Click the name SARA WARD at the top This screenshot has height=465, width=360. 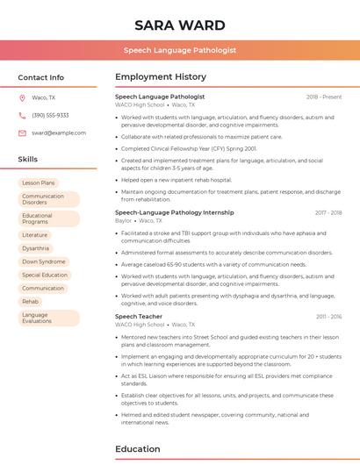pos(180,25)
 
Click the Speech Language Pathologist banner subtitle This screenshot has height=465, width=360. pos(180,50)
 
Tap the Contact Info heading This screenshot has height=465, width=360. pos(40,77)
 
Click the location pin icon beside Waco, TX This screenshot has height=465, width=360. pos(22,98)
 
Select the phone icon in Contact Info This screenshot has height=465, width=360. pos(22,116)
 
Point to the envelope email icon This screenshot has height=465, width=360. pos(22,133)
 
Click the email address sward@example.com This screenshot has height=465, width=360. pos(59,133)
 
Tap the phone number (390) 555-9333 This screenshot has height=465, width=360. pos(50,116)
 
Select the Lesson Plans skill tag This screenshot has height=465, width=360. pos(39,183)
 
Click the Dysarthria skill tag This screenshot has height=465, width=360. pos(36,248)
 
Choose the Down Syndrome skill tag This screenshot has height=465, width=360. pos(44,261)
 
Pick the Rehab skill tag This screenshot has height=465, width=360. pos(31,301)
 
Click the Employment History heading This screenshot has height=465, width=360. pos(161,77)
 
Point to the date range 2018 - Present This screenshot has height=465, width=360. pos(324,97)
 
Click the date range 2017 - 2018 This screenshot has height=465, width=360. pos(328,212)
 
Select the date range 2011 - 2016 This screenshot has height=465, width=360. pos(329,317)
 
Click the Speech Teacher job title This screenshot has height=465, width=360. pos(139,317)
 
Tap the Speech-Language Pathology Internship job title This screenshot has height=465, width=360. pos(175,212)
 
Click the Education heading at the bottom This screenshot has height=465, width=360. pos(138,449)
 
